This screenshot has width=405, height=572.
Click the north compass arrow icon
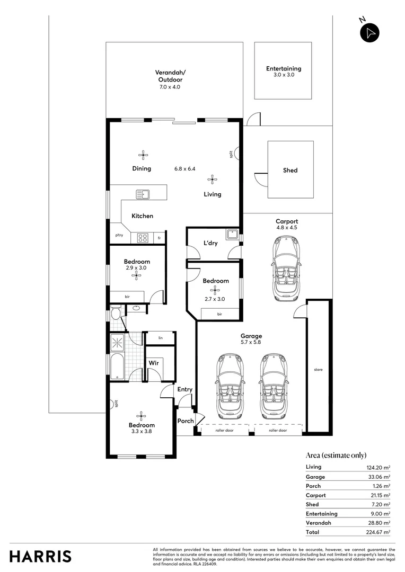click(370, 32)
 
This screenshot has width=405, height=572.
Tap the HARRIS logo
click(40, 556)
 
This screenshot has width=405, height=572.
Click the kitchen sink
click(143, 194)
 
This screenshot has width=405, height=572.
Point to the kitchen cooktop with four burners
click(143, 238)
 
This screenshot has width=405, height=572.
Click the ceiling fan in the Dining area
click(143, 155)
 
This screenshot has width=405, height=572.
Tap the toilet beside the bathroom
click(115, 315)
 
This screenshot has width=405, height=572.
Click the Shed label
click(290, 170)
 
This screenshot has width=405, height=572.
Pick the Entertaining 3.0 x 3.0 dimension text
click(283, 75)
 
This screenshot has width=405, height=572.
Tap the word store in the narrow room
click(318, 370)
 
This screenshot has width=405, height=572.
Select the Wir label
click(153, 363)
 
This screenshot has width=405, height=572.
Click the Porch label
click(186, 422)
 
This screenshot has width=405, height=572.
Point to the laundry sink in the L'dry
click(231, 234)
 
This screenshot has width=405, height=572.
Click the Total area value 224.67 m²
click(380, 532)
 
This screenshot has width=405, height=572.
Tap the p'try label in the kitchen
click(119, 235)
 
